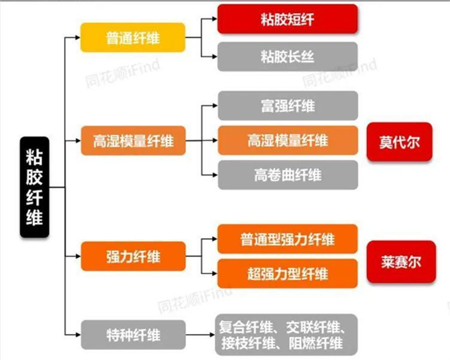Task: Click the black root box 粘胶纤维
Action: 34,187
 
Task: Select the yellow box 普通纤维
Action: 133,37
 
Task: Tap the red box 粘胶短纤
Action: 287,19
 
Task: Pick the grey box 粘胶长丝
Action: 287,56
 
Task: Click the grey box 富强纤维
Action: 288,105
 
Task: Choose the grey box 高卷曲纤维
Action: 288,175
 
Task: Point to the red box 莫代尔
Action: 399,142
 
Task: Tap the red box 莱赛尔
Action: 401,261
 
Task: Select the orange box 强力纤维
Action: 133,256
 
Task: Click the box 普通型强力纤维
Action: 287,239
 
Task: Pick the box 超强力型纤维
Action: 287,273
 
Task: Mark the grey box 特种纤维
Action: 133,334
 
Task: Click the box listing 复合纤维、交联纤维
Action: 286,334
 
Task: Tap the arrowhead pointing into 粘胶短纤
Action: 214,18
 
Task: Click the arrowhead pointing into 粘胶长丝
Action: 214,56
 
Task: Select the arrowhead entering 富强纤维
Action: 215,105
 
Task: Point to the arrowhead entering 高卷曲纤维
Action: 215,175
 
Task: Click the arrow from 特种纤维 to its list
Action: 200,334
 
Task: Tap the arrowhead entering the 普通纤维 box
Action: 78,37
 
